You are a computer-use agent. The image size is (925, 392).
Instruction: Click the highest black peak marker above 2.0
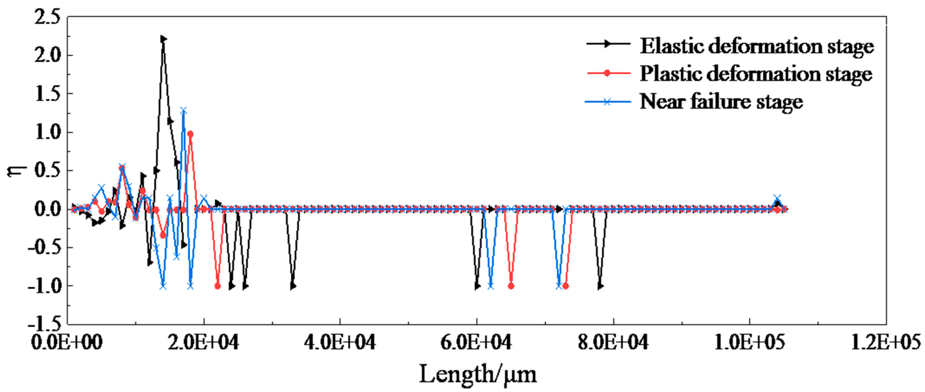pyautogui.click(x=163, y=39)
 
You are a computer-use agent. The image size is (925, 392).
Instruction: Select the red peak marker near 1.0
pyautogui.click(x=190, y=134)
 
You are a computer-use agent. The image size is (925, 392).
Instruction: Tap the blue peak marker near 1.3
pyautogui.click(x=183, y=110)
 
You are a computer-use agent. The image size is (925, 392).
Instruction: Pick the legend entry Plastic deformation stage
pyautogui.click(x=756, y=74)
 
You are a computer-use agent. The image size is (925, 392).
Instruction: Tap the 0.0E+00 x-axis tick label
pyautogui.click(x=67, y=342)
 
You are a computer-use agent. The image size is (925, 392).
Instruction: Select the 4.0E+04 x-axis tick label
pyautogui.click(x=340, y=342)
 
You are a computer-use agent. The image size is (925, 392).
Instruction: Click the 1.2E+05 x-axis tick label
pyautogui.click(x=885, y=342)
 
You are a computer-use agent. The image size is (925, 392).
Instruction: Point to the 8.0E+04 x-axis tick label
pyautogui.click(x=613, y=342)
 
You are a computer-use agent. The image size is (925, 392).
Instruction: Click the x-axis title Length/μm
pyautogui.click(x=478, y=374)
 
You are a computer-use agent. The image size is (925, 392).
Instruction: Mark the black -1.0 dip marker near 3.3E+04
pyautogui.click(x=293, y=286)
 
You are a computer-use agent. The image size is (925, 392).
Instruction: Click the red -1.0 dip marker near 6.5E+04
pyautogui.click(x=511, y=286)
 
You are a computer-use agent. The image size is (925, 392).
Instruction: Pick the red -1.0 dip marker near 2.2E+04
pyautogui.click(x=217, y=286)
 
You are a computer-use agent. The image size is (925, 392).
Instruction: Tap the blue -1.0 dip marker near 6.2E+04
pyautogui.click(x=490, y=286)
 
